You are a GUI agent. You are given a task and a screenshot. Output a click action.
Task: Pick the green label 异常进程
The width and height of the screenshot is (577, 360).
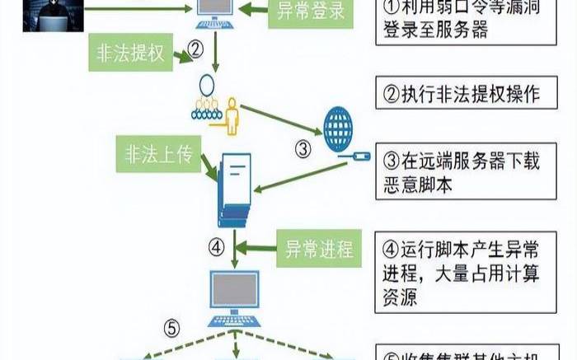coord(317,247)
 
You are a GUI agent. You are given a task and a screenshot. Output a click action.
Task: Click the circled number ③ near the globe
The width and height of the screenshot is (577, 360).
coord(303,149)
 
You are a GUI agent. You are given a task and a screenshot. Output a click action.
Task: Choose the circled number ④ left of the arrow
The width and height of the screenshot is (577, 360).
coord(216,246)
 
